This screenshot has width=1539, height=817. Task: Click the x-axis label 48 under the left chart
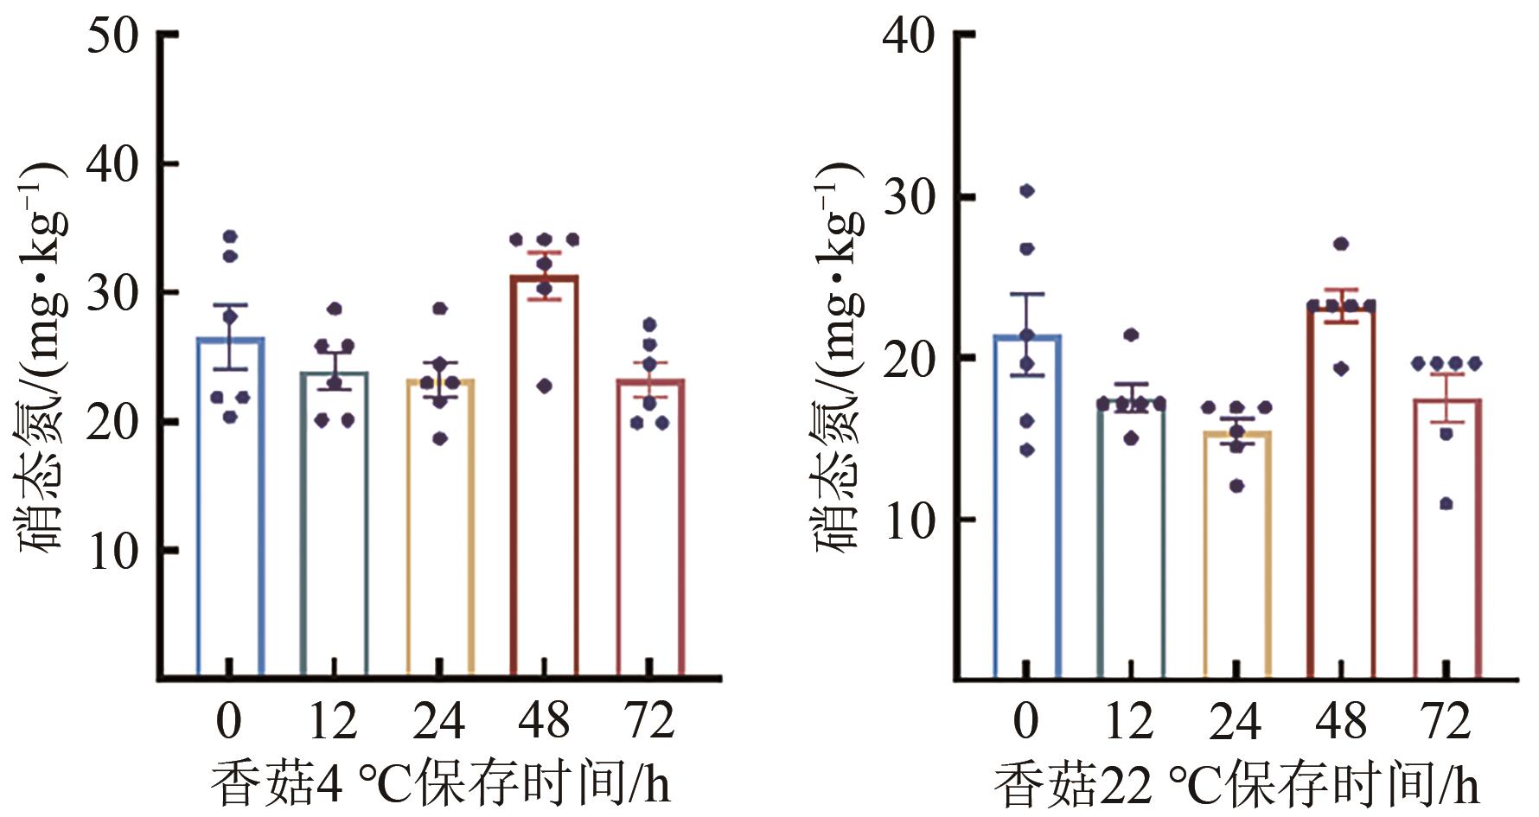(545, 720)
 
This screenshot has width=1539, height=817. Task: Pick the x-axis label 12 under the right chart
(1130, 720)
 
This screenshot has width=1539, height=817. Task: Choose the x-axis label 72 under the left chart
(649, 720)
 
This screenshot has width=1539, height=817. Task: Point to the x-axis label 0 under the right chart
(1026, 720)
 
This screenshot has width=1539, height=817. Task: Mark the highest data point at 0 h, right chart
(1027, 190)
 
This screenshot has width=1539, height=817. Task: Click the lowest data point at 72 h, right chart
(1446, 504)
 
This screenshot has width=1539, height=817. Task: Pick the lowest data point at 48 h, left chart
(545, 386)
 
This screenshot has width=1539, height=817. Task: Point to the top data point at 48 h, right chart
(1341, 244)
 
